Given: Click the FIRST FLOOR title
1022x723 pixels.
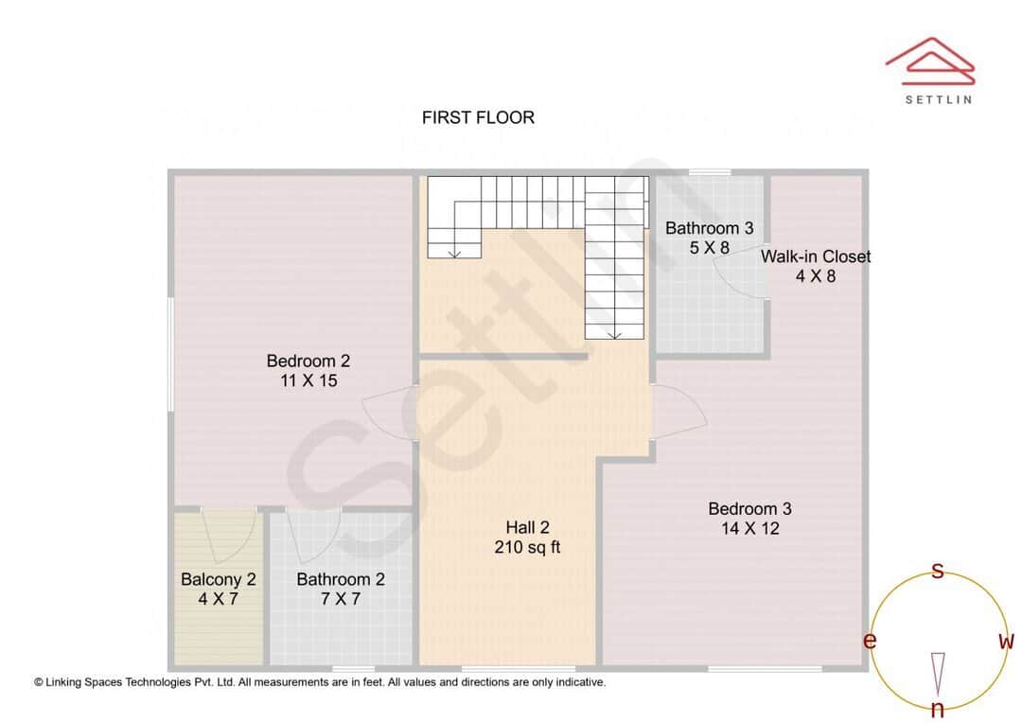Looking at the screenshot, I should click(x=478, y=117).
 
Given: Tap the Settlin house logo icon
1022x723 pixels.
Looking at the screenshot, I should click(x=930, y=59).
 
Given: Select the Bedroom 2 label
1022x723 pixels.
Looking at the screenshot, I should click(x=308, y=361).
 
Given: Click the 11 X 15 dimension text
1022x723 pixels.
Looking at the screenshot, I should click(x=308, y=380).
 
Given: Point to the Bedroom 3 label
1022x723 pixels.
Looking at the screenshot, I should click(x=749, y=509).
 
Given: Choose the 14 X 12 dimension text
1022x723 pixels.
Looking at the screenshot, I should click(x=749, y=529).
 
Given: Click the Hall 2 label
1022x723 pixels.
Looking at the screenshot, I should click(x=527, y=528).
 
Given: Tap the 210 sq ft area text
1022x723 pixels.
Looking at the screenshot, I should click(x=527, y=548).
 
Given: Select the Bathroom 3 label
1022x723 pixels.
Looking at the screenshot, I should click(x=709, y=228).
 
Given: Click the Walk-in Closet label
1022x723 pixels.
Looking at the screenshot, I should click(x=816, y=256).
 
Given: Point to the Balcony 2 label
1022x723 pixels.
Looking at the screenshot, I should click(x=219, y=579).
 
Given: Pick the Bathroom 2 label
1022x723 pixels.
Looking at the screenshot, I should click(x=341, y=579).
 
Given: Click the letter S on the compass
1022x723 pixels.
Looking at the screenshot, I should click(x=938, y=571).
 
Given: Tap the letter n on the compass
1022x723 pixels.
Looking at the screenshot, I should click(x=938, y=710).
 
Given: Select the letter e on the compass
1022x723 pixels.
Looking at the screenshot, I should click(x=869, y=642).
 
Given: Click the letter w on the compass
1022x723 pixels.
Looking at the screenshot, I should click(x=1006, y=642).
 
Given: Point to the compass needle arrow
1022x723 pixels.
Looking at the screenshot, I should click(x=938, y=674).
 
